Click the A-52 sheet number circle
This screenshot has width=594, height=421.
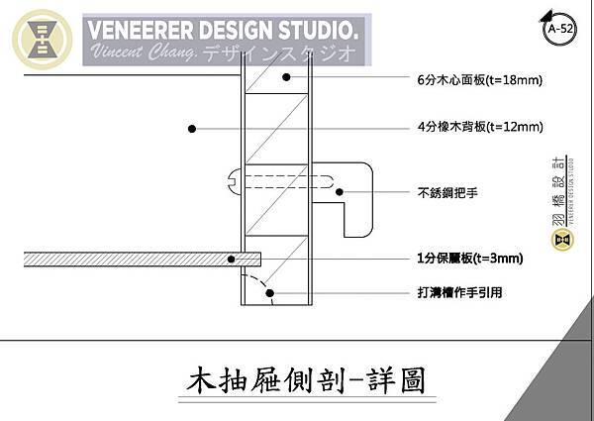click(559, 30)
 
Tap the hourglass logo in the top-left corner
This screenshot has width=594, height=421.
click(42, 40)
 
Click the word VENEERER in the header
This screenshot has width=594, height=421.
click(138, 29)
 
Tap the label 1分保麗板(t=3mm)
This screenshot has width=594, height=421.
click(470, 259)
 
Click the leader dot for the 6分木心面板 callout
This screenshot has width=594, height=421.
click(285, 77)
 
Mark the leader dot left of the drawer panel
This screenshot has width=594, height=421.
click(192, 128)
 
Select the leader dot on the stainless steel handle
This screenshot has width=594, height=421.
click(339, 193)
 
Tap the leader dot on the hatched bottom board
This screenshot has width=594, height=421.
click(232, 259)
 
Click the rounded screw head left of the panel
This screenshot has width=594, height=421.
click(236, 180)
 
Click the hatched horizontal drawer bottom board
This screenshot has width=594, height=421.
click(119, 259)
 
